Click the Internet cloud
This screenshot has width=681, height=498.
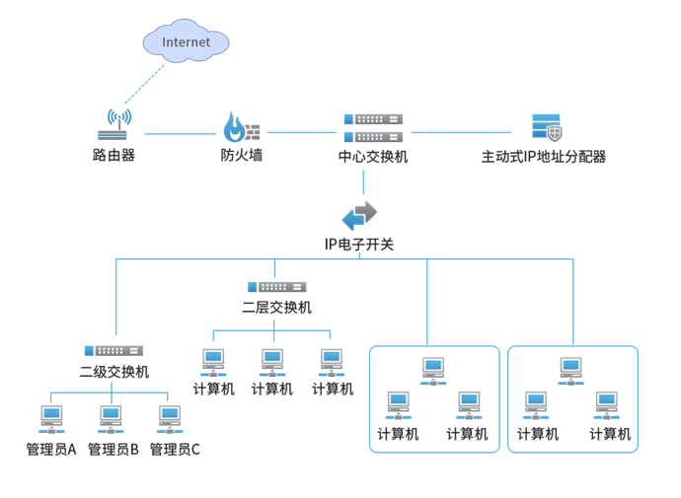(x=186, y=42)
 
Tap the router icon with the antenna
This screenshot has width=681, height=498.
(x=114, y=127)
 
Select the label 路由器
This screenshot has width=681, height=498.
(x=113, y=155)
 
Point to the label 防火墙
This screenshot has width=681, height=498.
(x=241, y=155)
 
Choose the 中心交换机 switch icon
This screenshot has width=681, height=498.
(x=373, y=127)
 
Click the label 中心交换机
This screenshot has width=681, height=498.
(x=373, y=156)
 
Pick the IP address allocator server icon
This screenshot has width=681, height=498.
(x=546, y=127)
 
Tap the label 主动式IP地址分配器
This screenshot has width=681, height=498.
(x=543, y=156)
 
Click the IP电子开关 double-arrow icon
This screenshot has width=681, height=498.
(x=359, y=214)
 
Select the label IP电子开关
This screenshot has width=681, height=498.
(x=359, y=244)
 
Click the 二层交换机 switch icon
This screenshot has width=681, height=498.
(x=276, y=286)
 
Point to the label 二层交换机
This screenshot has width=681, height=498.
(x=276, y=307)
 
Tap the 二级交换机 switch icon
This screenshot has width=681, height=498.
(x=113, y=350)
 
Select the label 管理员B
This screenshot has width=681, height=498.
(x=113, y=450)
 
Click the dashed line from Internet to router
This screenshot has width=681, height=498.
(x=146, y=83)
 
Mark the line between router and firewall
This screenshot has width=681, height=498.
(x=180, y=132)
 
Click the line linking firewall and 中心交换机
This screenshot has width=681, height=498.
(x=301, y=132)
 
